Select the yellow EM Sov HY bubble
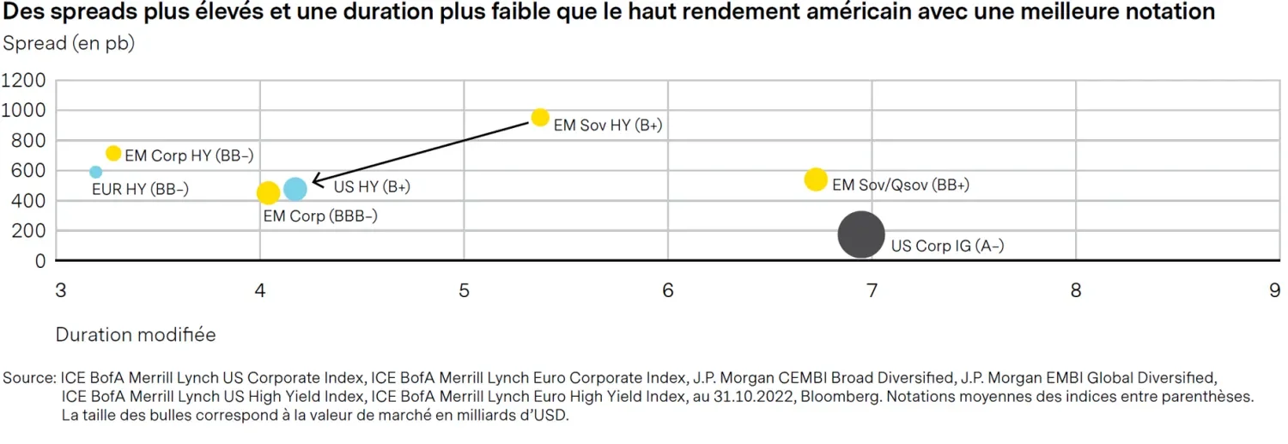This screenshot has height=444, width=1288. click(x=540, y=118)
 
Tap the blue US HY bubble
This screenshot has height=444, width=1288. click(x=295, y=189)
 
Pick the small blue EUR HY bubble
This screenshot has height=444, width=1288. click(x=95, y=172)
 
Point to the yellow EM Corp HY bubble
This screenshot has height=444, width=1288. click(x=113, y=153)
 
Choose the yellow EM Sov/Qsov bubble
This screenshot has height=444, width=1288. click(x=815, y=179)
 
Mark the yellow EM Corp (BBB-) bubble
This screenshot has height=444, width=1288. click(x=268, y=193)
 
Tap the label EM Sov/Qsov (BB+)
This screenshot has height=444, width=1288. click(x=901, y=185)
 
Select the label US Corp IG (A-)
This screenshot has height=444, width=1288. click(x=947, y=246)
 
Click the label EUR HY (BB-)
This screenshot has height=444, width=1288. click(x=140, y=190)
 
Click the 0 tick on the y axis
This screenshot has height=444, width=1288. click(x=39, y=261)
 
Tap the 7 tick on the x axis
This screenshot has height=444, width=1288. click(x=872, y=291)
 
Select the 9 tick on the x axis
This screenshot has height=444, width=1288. click(x=1274, y=291)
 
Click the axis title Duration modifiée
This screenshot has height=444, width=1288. click(x=136, y=335)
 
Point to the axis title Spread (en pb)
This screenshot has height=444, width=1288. click(x=69, y=44)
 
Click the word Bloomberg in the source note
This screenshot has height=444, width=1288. click(x=834, y=397)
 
